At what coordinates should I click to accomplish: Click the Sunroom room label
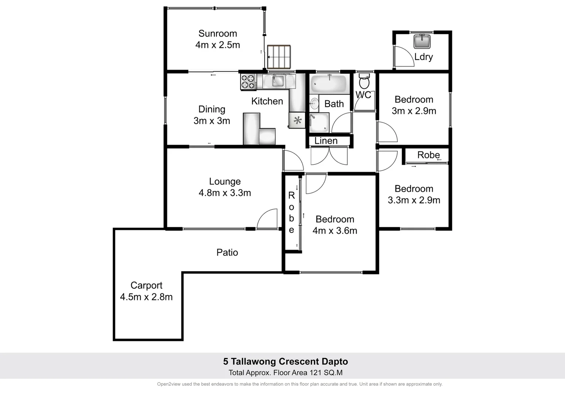pos(217,34)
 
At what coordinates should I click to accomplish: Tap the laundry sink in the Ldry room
pos(422,41)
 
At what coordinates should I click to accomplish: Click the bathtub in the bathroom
pos(328,84)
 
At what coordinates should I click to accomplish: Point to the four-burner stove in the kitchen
pos(248,82)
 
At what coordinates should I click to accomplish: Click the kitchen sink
pos(278,81)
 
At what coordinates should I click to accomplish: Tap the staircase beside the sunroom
pos(279,57)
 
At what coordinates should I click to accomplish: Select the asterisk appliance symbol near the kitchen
pos(297,120)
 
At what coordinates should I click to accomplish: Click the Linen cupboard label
pos(326,141)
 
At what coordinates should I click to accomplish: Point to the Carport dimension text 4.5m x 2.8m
pos(146,297)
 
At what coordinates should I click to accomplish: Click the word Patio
pos(227,252)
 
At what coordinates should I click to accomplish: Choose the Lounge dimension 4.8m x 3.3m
pos(225,193)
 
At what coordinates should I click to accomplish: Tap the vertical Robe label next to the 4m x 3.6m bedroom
pos(291,213)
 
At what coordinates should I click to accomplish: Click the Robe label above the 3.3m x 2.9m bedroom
pos(428,155)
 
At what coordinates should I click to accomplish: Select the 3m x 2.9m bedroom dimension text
pos(414,111)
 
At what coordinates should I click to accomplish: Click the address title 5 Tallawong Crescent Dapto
pos(285,361)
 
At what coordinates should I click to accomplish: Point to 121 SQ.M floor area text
pos(326,373)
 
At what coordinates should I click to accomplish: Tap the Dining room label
pos(212,109)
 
